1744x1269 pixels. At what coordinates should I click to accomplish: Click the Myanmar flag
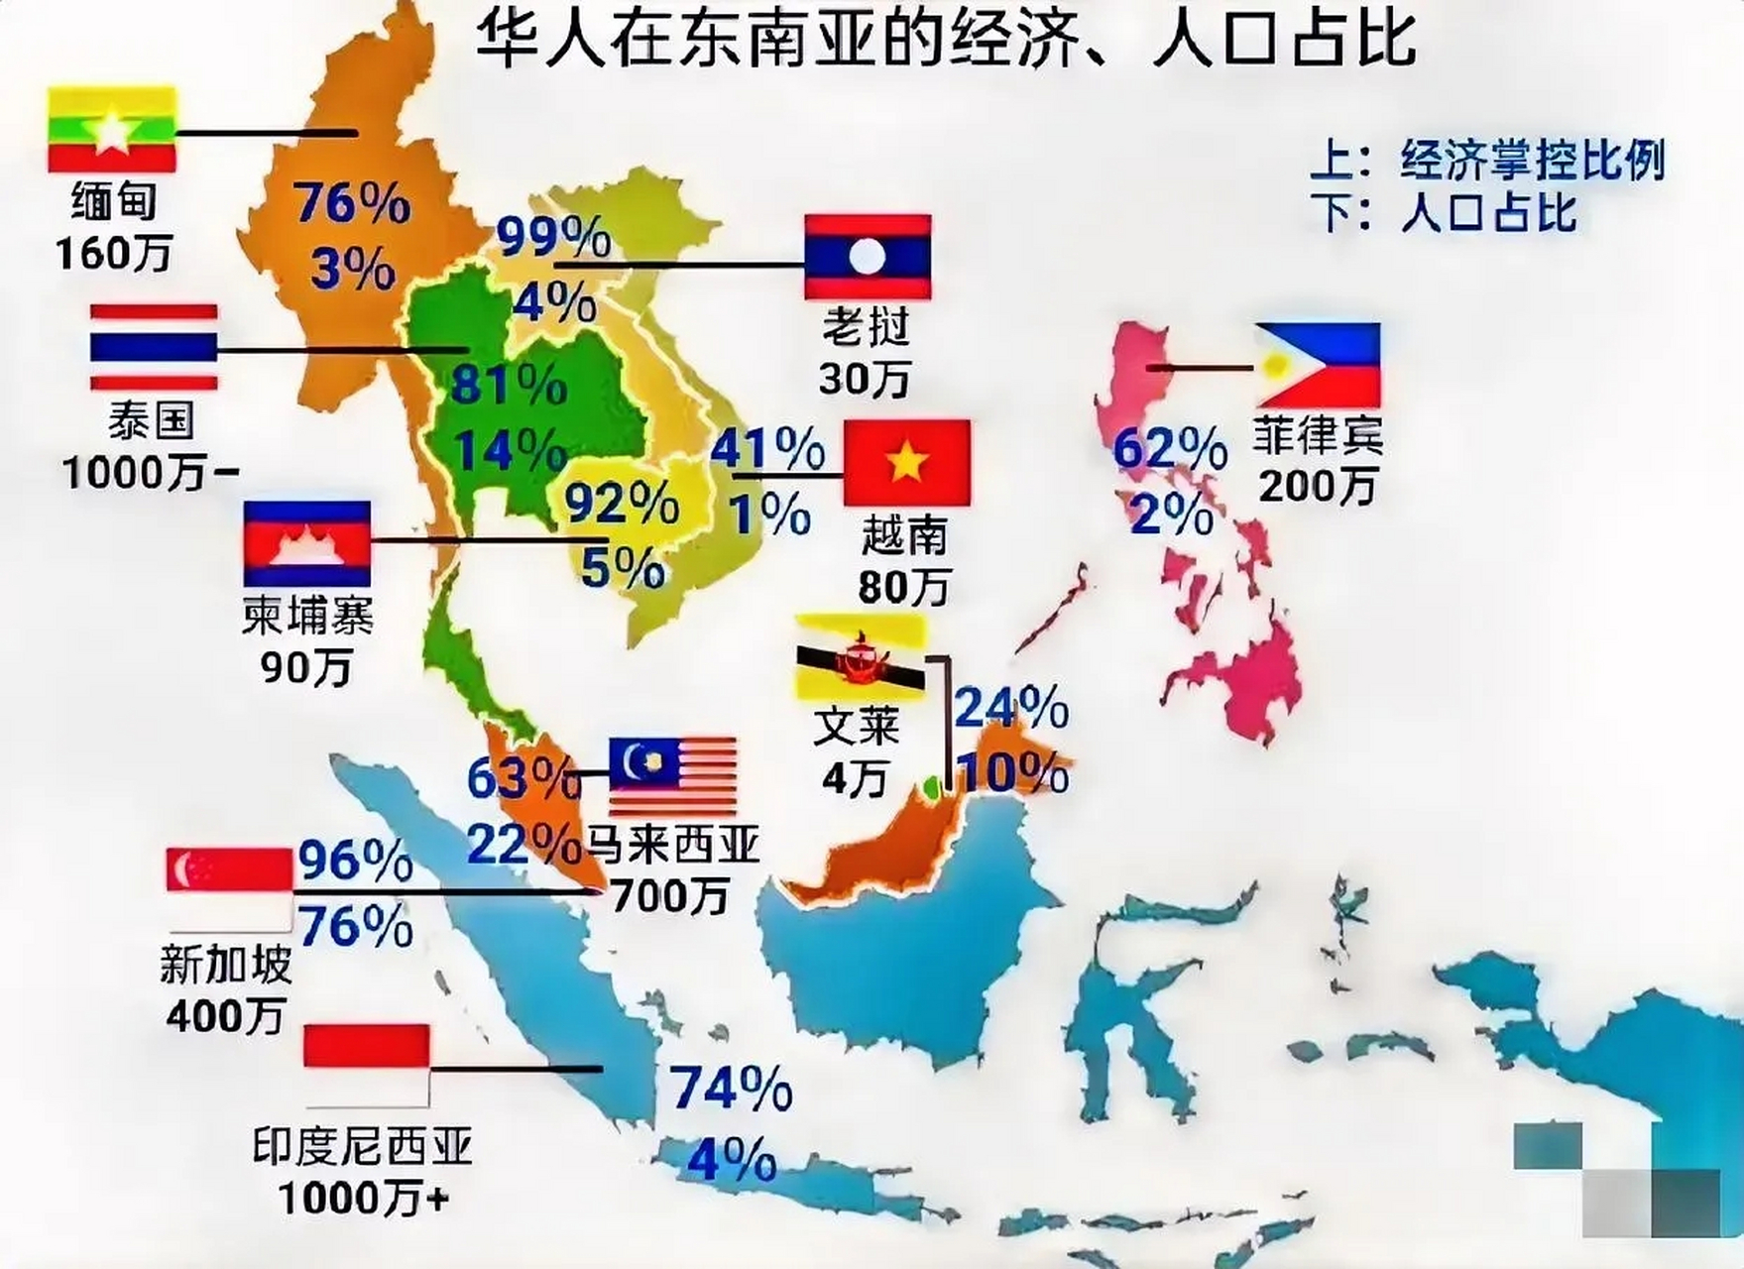112,130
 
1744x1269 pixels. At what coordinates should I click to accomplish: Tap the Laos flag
868,256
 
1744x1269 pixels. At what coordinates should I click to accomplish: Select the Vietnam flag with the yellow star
906,462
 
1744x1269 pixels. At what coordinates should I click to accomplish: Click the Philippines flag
1317,365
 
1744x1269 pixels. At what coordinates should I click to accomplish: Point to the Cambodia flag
307,543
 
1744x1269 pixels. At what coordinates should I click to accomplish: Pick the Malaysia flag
673,776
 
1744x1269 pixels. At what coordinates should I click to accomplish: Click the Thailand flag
154,347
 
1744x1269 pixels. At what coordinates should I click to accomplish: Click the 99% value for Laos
553,237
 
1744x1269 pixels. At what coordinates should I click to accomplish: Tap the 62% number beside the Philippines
1170,449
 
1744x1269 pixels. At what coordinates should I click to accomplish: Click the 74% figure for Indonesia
732,1089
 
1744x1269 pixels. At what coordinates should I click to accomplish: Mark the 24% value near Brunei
1010,707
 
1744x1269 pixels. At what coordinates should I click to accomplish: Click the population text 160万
114,253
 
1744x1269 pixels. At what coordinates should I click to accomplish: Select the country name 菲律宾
1317,434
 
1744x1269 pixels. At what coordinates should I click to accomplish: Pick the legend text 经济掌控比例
1532,161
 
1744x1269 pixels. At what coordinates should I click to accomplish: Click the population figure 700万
670,896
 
